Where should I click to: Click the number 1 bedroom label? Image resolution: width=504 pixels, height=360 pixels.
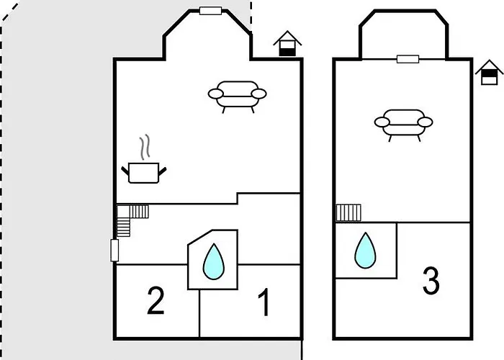tap(264, 302)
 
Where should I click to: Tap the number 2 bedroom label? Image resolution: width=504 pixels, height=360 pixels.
tap(156, 300)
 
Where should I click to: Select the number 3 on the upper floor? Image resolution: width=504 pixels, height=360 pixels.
tap(431, 281)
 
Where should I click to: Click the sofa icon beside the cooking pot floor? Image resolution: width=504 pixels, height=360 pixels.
tap(237, 96)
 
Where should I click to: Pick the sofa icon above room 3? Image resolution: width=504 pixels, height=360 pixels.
tap(403, 125)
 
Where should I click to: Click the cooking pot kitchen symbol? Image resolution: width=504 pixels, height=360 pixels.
tap(144, 173)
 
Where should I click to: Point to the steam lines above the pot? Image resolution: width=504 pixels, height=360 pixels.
tap(145, 147)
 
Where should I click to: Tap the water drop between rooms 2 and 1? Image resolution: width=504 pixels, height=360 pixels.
tap(213, 261)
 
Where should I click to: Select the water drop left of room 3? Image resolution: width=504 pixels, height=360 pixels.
tap(365, 251)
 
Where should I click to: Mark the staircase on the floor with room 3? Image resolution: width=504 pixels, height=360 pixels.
tap(348, 213)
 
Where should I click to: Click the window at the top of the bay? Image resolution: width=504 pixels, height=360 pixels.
tap(210, 11)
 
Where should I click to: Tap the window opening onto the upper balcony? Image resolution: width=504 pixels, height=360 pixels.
tap(408, 59)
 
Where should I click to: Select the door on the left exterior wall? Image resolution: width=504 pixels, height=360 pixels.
tap(114, 250)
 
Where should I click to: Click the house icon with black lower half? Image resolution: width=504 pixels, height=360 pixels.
tap(287, 44)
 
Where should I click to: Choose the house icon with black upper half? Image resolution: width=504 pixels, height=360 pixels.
tap(489, 72)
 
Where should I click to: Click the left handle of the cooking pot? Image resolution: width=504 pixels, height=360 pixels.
tap(125, 171)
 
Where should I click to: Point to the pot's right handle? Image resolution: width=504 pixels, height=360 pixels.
tap(163, 171)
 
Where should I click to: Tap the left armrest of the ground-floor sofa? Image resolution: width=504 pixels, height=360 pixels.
tap(216, 94)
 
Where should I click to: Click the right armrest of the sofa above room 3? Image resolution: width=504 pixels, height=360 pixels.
tap(426, 122)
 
